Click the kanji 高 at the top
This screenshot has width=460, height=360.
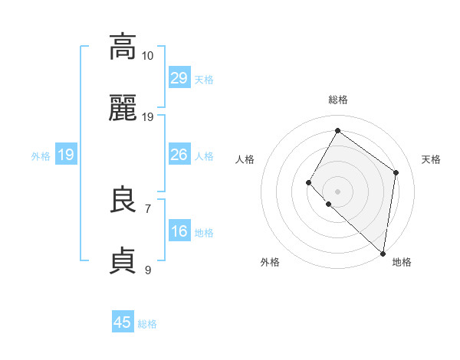click(x=123, y=46)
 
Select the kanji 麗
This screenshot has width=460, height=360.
click(x=123, y=109)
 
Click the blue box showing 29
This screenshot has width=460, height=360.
click(x=179, y=79)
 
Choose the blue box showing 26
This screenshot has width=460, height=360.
click(x=179, y=155)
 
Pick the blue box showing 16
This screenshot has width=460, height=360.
click(x=179, y=232)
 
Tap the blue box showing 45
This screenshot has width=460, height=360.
click(x=123, y=322)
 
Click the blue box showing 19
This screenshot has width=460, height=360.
click(x=66, y=155)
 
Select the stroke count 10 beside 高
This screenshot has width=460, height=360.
click(x=148, y=56)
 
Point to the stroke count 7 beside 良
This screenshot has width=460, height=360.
click(x=148, y=208)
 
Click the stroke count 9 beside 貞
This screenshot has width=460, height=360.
click(x=148, y=270)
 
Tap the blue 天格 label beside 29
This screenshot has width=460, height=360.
click(x=204, y=80)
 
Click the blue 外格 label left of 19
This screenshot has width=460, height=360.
click(x=41, y=156)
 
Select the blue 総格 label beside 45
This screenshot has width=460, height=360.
click(x=147, y=324)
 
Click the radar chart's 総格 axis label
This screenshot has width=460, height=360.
click(x=338, y=100)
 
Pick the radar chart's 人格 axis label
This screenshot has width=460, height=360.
click(x=245, y=159)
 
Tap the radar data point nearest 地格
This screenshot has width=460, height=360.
click(x=383, y=253)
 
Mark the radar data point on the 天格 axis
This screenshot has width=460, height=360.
click(x=396, y=172)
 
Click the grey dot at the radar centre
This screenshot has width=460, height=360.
click(x=337, y=191)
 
